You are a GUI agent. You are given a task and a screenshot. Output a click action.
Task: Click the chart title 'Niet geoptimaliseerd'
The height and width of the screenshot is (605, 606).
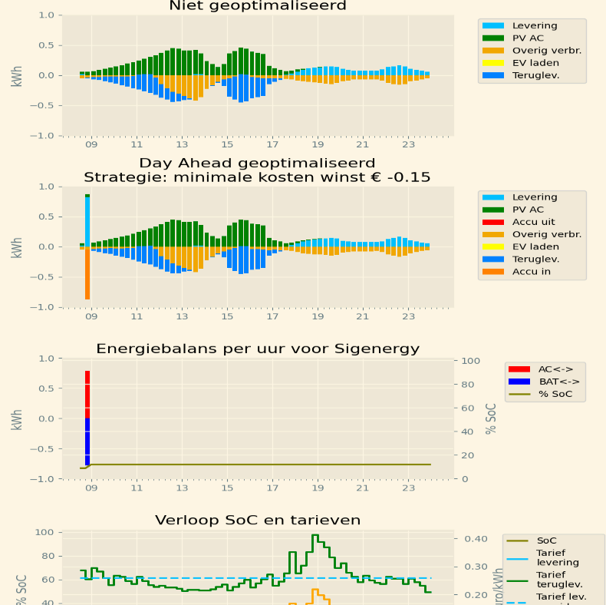(x=257, y=6)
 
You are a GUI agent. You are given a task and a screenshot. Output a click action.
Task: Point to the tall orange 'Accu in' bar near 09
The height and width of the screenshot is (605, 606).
(x=87, y=273)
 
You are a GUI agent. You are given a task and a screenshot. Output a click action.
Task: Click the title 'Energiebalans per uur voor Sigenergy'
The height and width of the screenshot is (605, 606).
(x=257, y=349)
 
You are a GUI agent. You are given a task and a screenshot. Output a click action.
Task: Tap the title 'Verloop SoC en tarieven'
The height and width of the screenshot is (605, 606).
(x=257, y=521)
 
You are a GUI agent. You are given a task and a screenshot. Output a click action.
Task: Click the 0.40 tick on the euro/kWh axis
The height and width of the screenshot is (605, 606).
(x=476, y=539)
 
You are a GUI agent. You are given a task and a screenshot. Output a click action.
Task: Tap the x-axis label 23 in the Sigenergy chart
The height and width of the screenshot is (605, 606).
(x=408, y=488)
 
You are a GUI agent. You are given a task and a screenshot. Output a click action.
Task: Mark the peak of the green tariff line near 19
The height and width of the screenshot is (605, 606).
(x=315, y=535)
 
